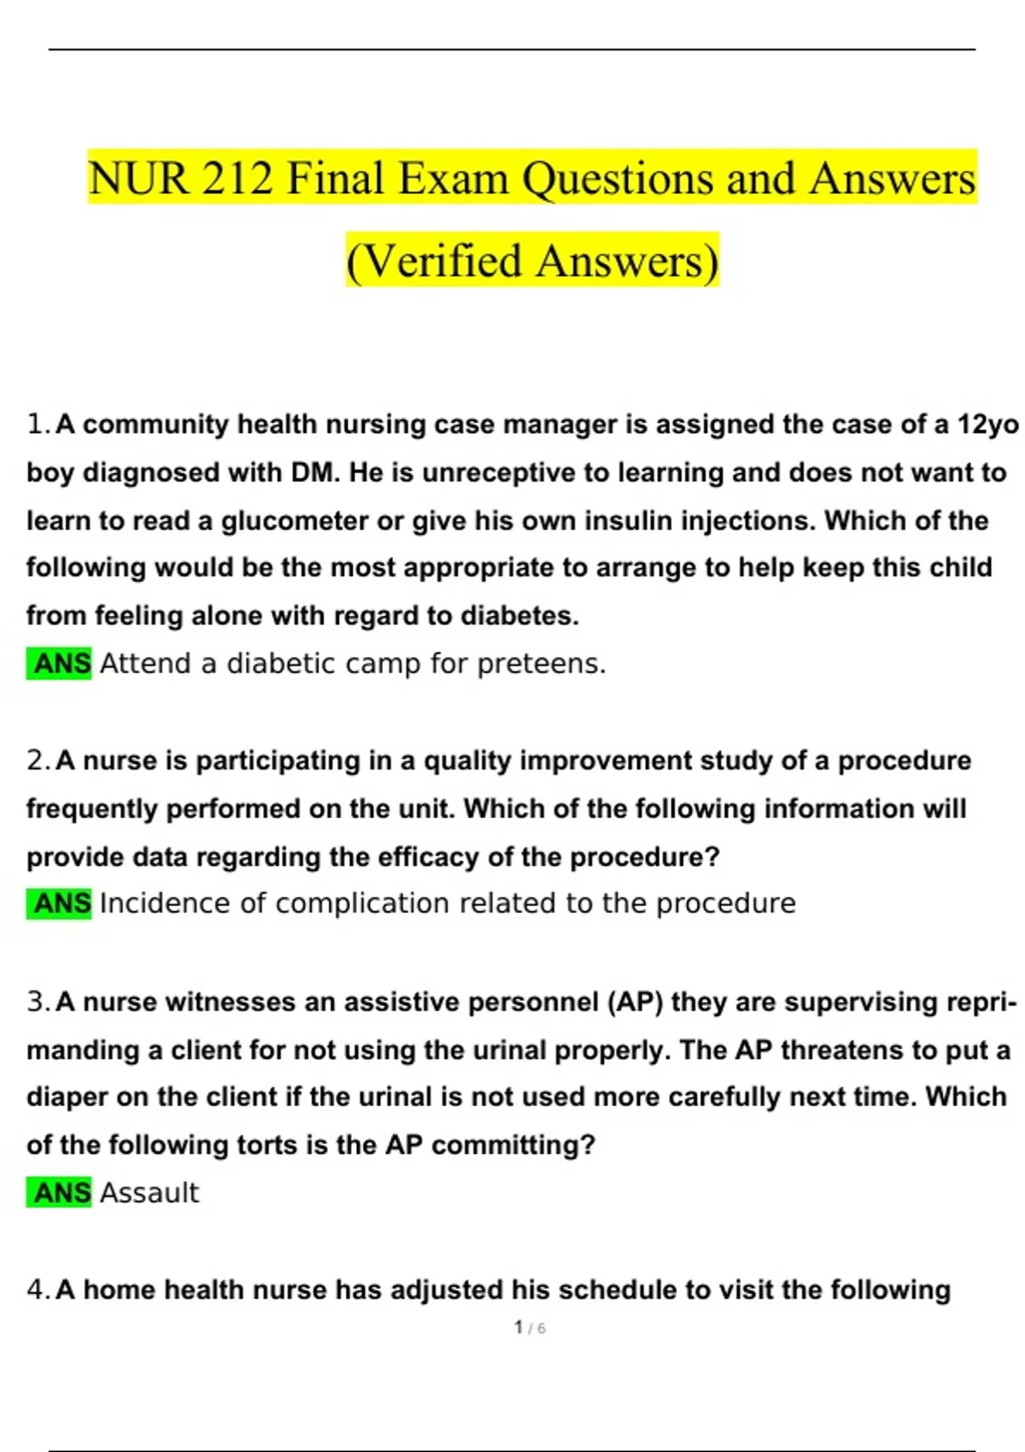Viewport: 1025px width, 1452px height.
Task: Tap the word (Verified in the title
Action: (x=434, y=261)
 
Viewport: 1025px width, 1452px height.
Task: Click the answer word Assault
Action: (x=149, y=1192)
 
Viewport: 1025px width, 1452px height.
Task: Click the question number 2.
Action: (x=38, y=761)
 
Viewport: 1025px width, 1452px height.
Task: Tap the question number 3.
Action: (x=38, y=1002)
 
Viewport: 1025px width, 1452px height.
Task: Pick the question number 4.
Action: (x=38, y=1290)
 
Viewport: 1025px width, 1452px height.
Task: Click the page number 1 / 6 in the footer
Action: (x=530, y=1327)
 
